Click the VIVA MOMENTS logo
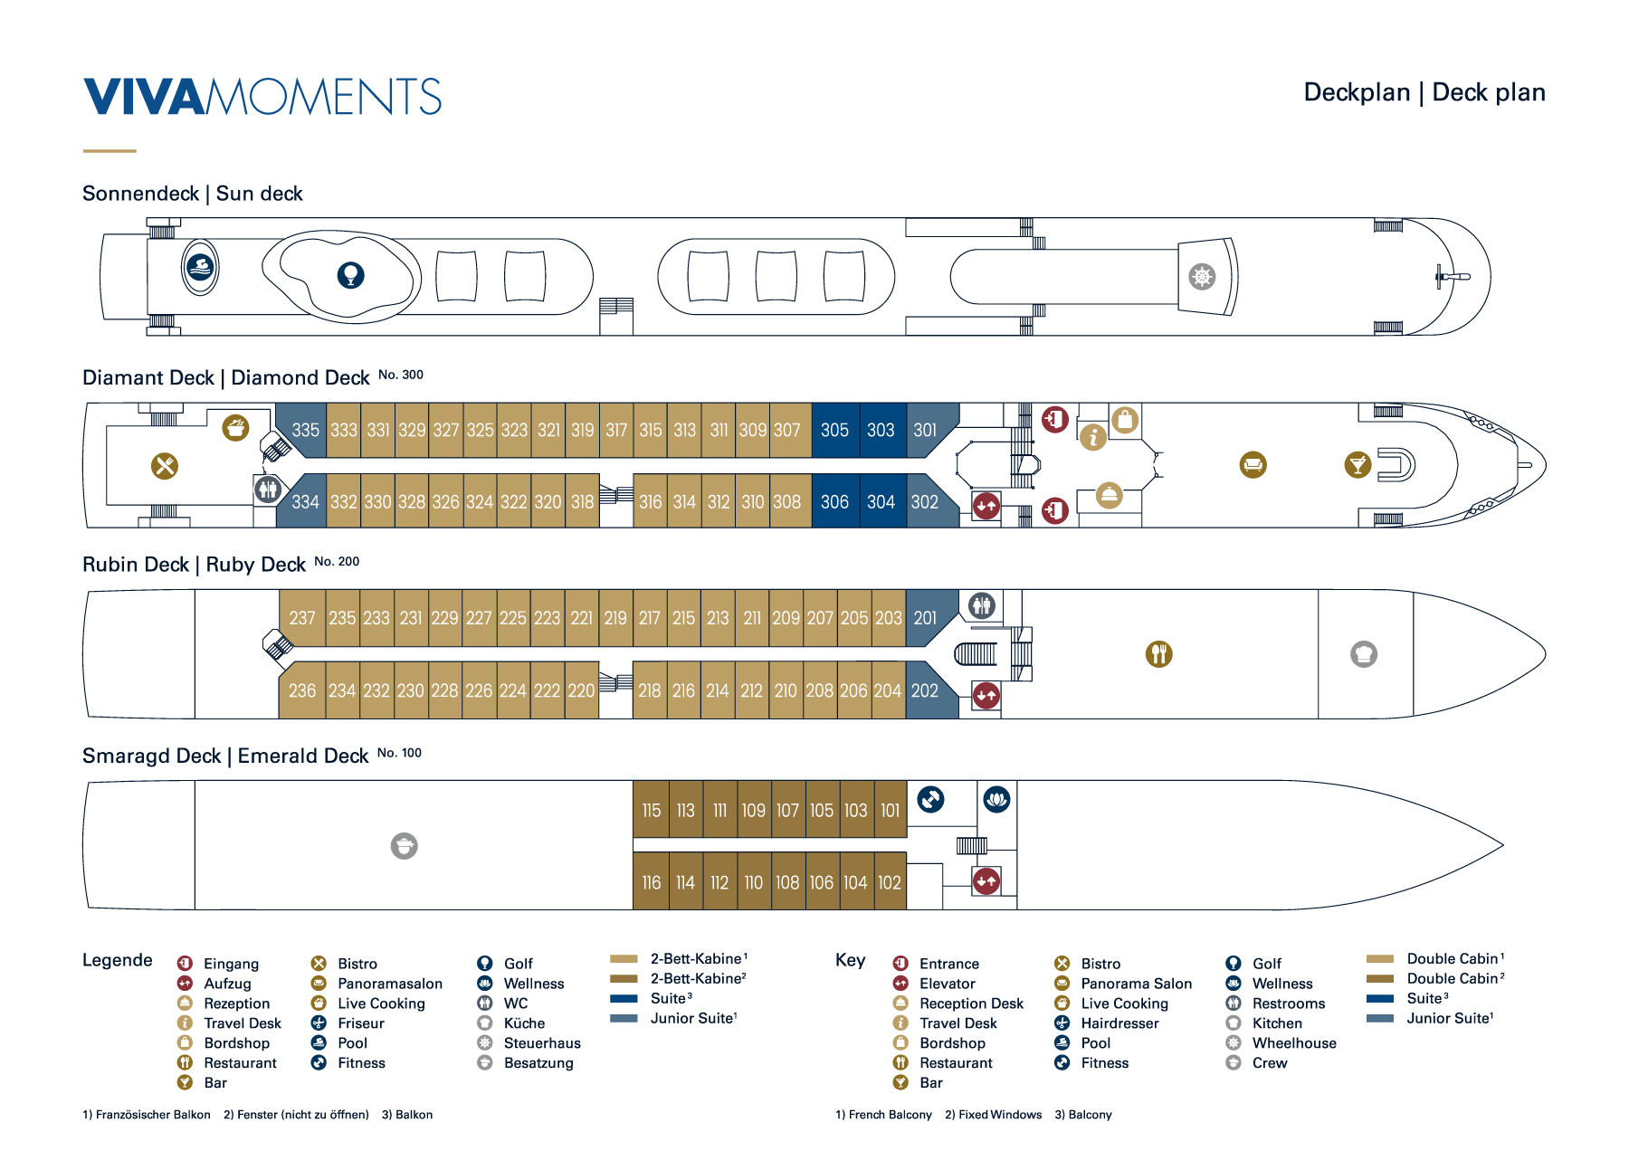coord(262,97)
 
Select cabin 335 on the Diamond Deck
coord(305,430)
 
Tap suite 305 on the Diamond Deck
coord(834,430)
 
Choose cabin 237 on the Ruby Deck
coord(302,618)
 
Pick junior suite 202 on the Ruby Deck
coord(925,690)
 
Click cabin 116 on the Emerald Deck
coord(652,882)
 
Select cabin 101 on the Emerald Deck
coord(891,811)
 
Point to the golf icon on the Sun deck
coord(351,274)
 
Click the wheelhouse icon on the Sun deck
coord(1202,277)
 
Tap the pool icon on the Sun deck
coord(200,268)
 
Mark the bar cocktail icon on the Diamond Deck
coord(1357,465)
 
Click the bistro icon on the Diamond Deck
coord(165,466)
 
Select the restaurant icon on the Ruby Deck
coord(1159,653)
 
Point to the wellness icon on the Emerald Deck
coord(996,800)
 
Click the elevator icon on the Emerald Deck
coord(986,880)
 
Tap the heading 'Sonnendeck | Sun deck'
coord(192,194)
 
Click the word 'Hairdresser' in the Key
coord(1119,1023)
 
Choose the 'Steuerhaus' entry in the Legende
coord(542,1043)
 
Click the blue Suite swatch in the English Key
coord(1380,999)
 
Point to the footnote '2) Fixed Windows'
coord(993,1115)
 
